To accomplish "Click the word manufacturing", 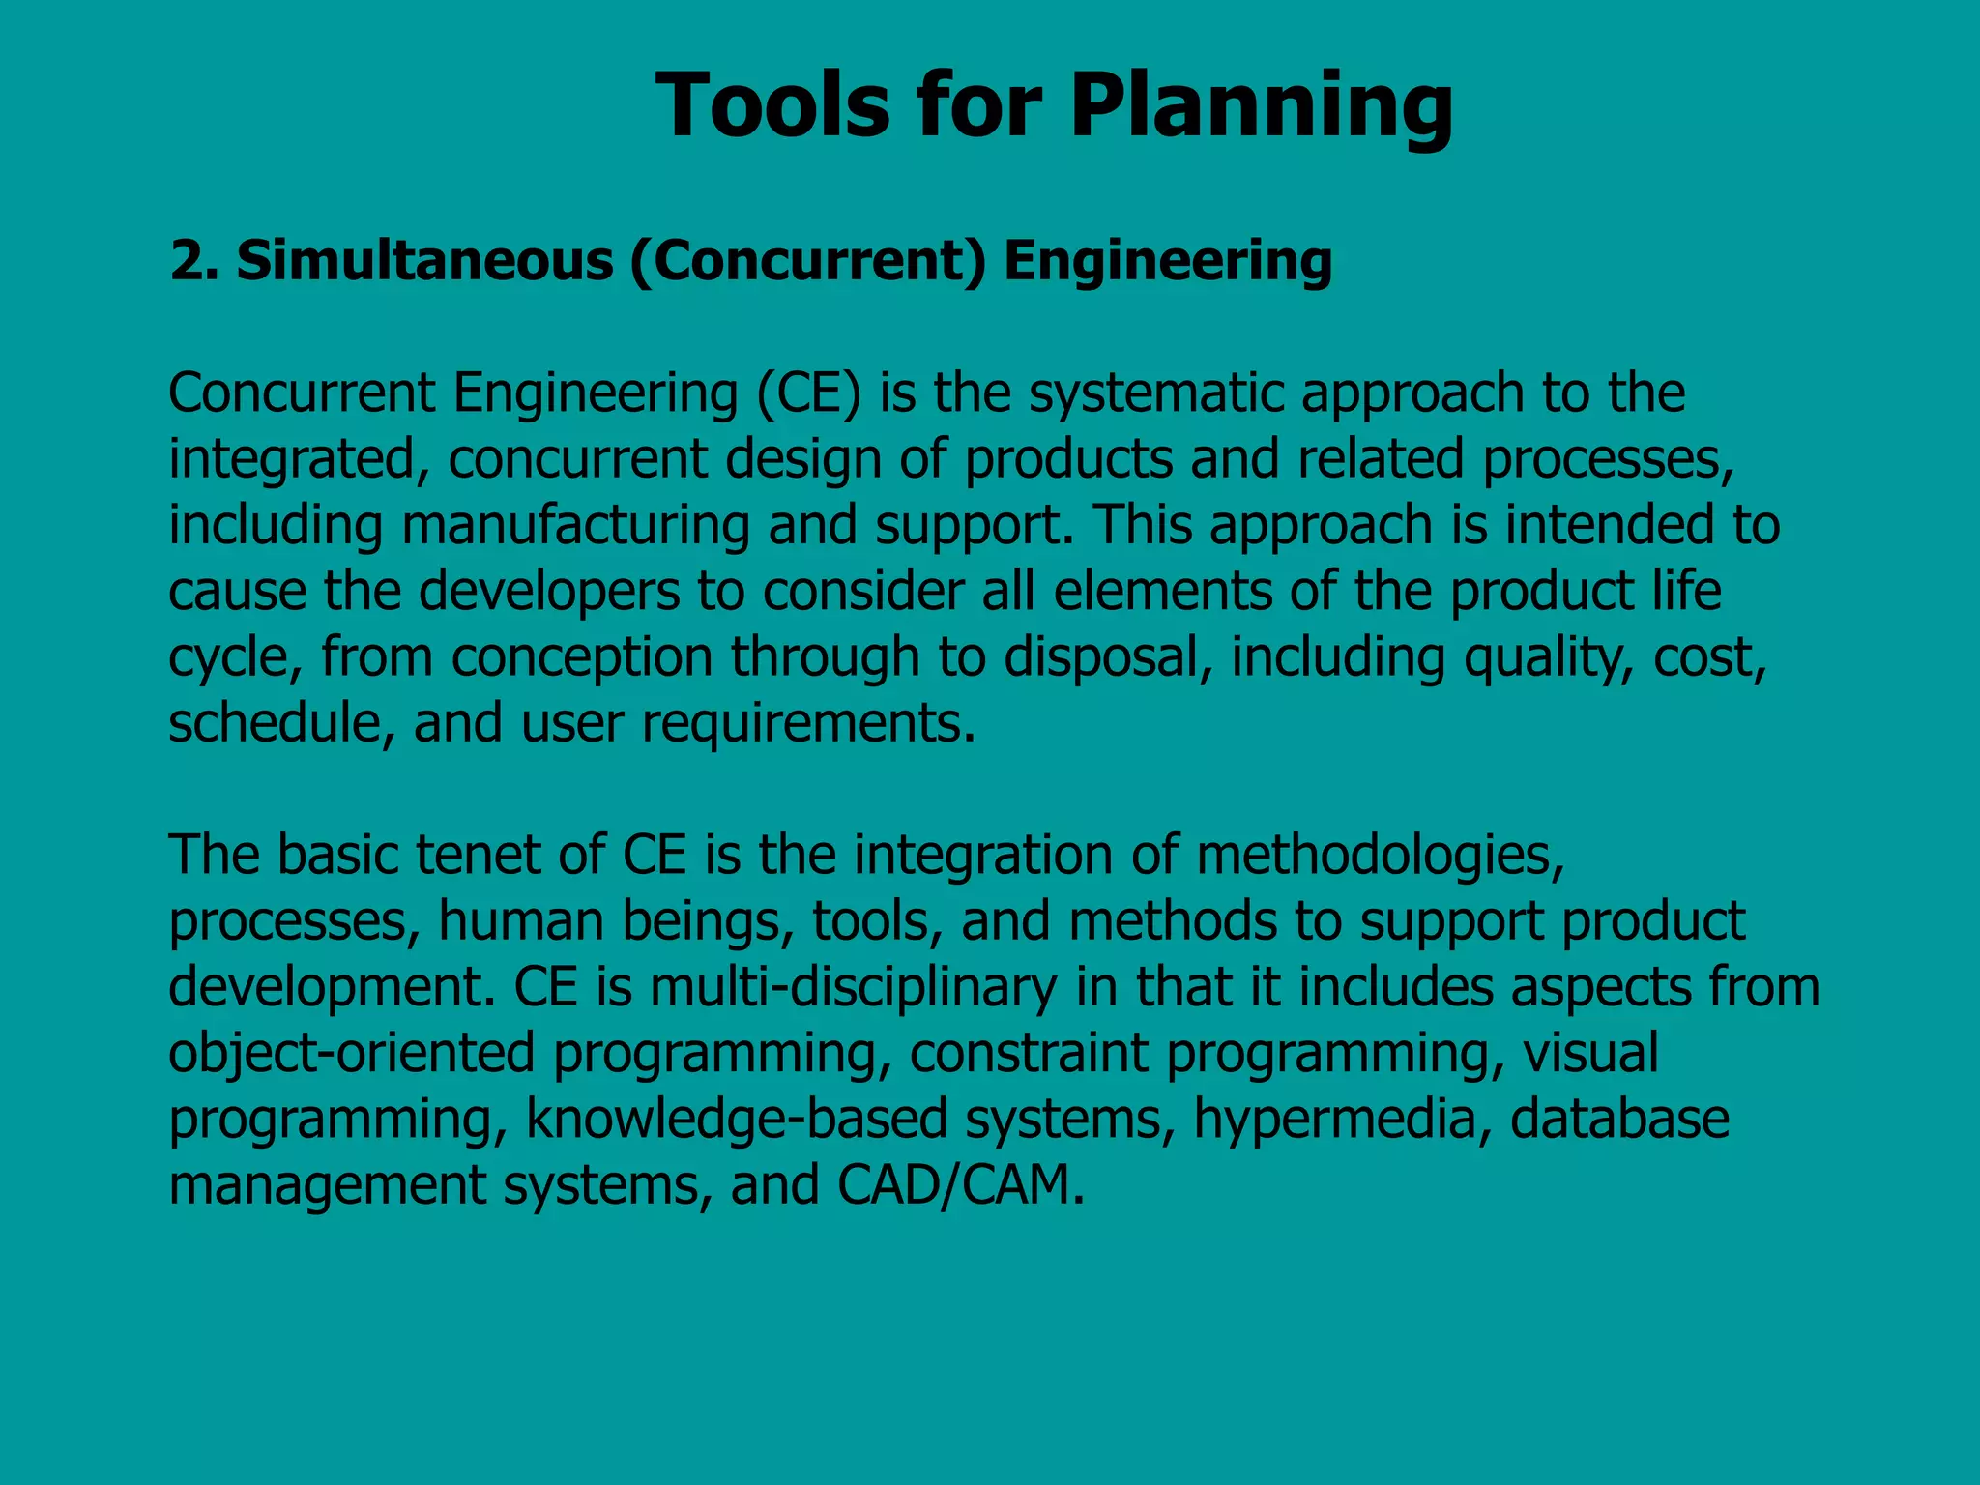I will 575,525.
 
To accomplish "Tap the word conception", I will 582,657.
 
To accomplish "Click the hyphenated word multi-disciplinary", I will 854,987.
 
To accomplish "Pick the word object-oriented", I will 351,1053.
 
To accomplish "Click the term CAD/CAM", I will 960,1184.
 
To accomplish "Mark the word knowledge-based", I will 736,1119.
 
